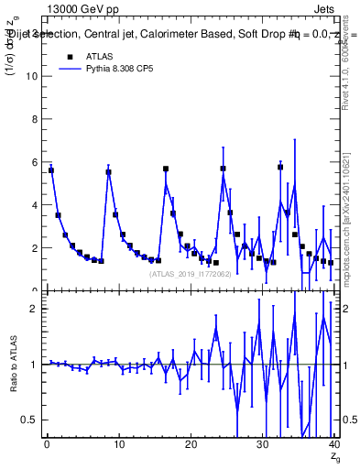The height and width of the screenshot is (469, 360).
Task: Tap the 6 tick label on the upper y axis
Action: tap(33, 162)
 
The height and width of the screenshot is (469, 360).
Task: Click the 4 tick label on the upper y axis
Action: tap(33, 205)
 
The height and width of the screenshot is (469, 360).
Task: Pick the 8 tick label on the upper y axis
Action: tap(33, 119)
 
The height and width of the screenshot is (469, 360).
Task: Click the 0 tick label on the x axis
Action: tap(47, 444)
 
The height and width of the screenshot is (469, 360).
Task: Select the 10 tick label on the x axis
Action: tap(118, 444)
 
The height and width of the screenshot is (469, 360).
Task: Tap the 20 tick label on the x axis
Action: tap(191, 444)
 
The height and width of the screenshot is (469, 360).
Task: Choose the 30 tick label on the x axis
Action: tap(262, 444)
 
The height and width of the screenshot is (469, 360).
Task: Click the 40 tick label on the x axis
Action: tap(333, 444)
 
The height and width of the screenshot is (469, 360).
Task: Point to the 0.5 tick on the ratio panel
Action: tap(28, 420)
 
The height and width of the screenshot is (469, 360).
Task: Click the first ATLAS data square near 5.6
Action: tap(51, 170)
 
